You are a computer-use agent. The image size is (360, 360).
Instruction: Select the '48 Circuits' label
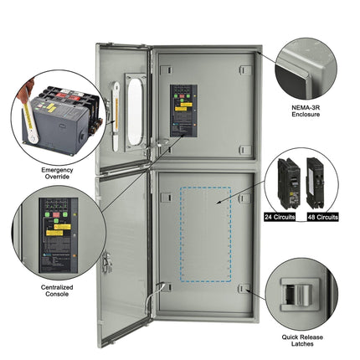[321, 217]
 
